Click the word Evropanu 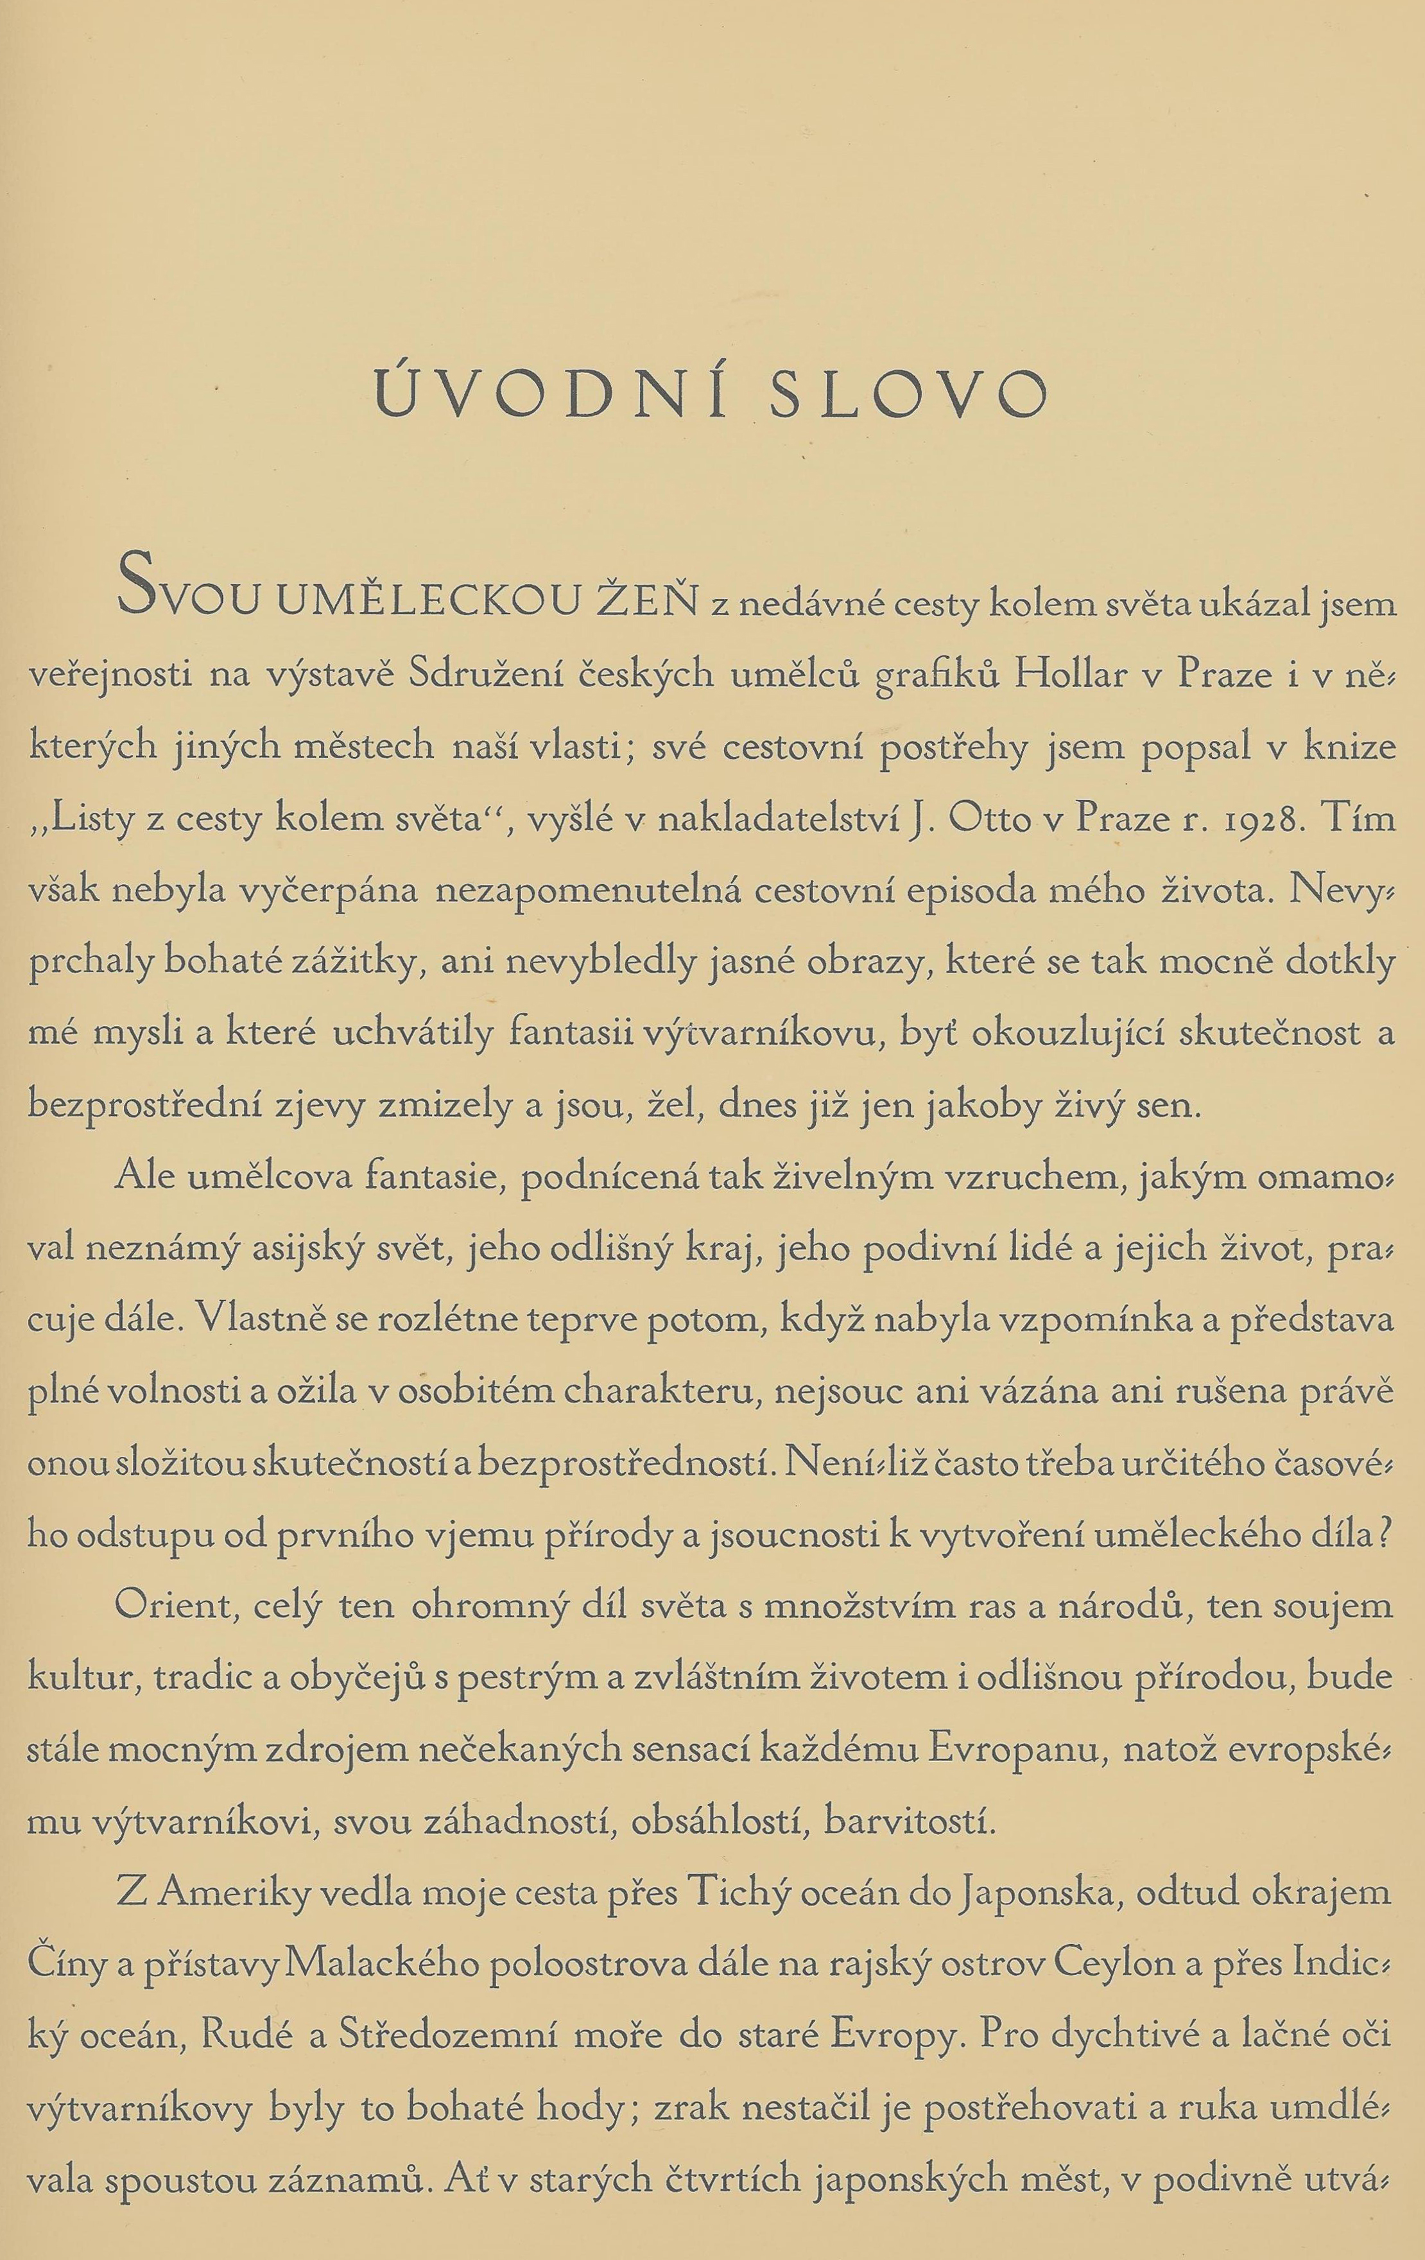click(x=1013, y=1746)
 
